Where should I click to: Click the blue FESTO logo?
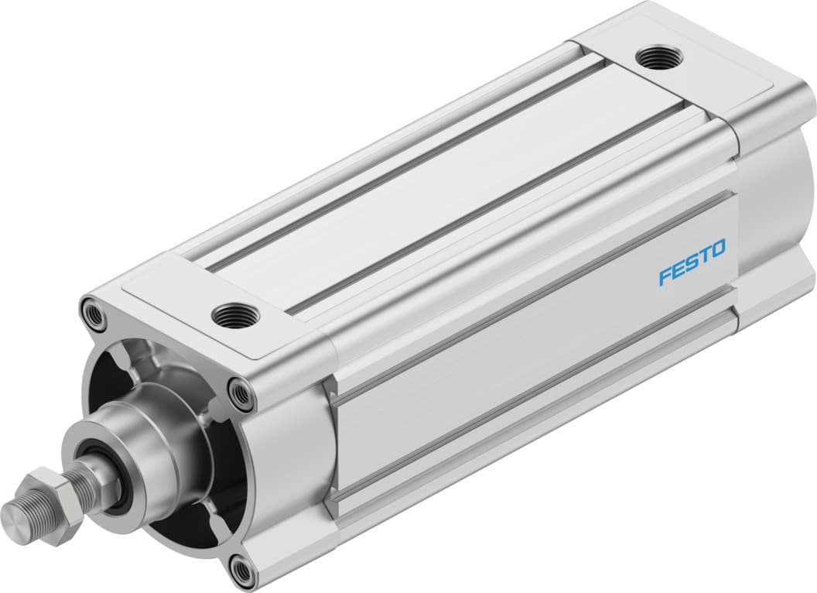click(x=692, y=263)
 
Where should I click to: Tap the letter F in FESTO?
click(x=665, y=276)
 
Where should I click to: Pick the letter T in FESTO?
click(x=704, y=257)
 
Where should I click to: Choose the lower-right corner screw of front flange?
click(x=244, y=572)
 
